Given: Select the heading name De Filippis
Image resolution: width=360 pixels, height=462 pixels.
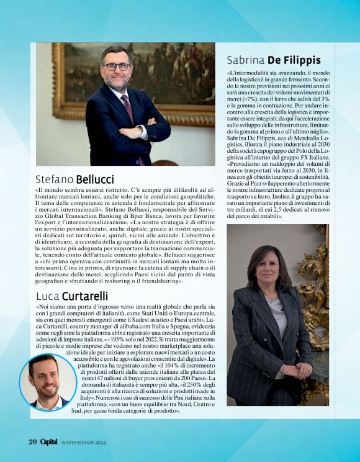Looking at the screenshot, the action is (x=294, y=60).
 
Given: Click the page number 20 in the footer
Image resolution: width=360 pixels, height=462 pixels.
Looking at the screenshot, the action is (x=33, y=442).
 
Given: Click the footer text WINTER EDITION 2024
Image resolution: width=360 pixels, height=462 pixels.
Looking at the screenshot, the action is (x=83, y=443).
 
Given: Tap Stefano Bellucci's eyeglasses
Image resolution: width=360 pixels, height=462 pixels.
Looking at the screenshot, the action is (x=117, y=66).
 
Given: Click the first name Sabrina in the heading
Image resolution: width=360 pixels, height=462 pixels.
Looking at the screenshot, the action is (x=247, y=60).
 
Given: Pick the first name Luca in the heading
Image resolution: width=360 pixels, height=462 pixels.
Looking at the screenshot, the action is (x=47, y=296).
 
